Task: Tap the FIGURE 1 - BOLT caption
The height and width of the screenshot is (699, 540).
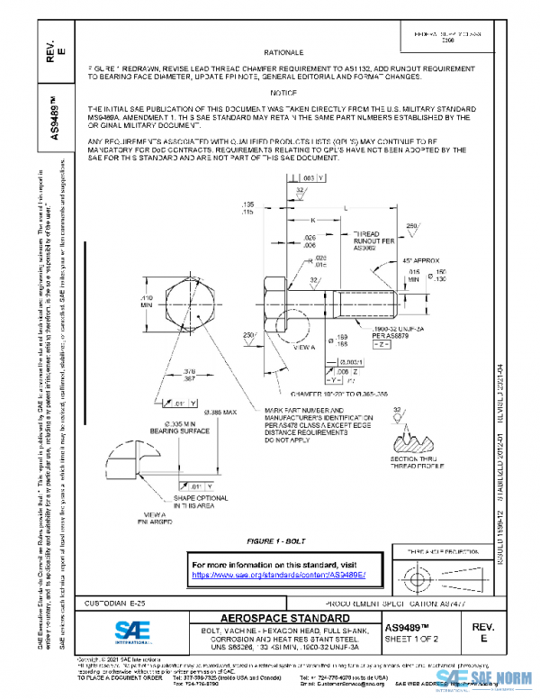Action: pos(278,540)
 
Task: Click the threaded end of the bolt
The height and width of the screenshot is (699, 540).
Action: pos(369,304)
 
